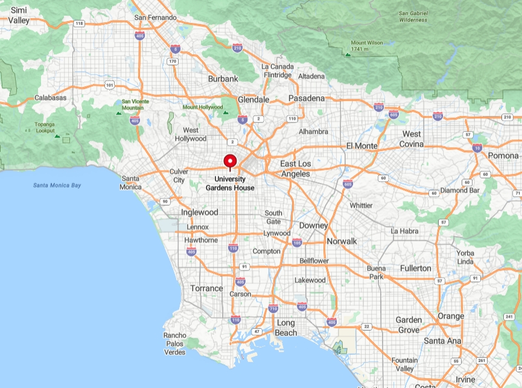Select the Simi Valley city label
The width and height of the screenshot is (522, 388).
pyautogui.click(x=19, y=15)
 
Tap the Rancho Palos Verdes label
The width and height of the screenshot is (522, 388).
pyautogui.click(x=174, y=343)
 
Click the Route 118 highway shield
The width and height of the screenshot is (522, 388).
pyautogui.click(x=79, y=24)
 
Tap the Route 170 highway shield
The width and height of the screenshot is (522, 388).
pyautogui.click(x=173, y=61)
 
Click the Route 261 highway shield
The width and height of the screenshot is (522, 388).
pyautogui.click(x=481, y=361)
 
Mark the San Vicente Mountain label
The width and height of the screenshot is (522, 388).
pyautogui.click(x=135, y=104)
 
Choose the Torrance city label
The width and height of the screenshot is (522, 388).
pyautogui.click(x=207, y=288)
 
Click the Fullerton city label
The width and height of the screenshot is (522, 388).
pyautogui.click(x=416, y=268)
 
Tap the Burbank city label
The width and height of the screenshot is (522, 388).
pyautogui.click(x=223, y=78)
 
